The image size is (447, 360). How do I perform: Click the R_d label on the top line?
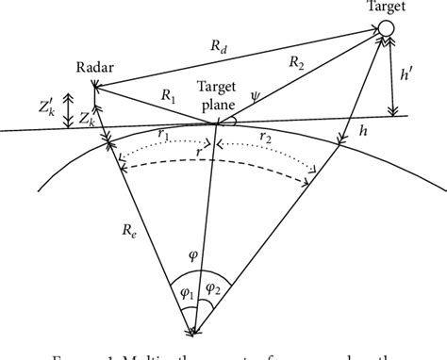point(219,43)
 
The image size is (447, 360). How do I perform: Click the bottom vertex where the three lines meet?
point(194,330)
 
